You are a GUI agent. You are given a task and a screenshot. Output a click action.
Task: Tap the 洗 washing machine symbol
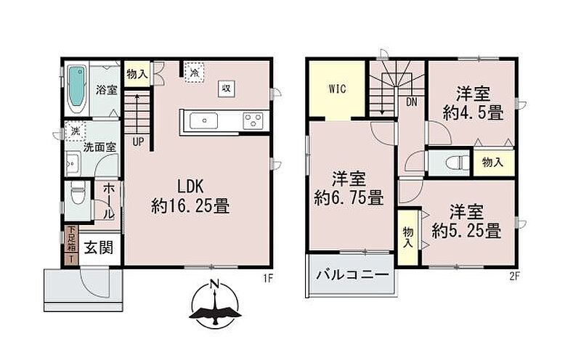click(x=76, y=131)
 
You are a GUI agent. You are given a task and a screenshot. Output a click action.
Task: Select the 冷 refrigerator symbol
click(x=194, y=73)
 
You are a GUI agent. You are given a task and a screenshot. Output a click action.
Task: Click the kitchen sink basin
click(x=203, y=121)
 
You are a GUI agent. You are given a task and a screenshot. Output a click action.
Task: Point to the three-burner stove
click(x=253, y=121)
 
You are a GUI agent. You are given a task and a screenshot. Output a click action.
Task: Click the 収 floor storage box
click(x=226, y=88)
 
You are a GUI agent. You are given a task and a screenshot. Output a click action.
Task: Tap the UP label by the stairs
click(x=138, y=142)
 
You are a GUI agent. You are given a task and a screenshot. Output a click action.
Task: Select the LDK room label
click(x=190, y=187)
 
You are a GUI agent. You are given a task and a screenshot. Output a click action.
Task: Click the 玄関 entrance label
click(x=99, y=247)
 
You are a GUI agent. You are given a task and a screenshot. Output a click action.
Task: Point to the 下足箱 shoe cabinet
click(x=71, y=239)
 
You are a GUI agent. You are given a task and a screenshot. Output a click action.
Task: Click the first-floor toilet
click(x=78, y=194)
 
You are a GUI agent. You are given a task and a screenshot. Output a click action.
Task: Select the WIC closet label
click(x=337, y=89)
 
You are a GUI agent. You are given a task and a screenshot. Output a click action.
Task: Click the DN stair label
click(x=411, y=102)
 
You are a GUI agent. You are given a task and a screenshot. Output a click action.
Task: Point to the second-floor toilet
click(x=455, y=163)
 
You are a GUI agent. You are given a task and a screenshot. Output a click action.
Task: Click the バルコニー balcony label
click(x=352, y=275)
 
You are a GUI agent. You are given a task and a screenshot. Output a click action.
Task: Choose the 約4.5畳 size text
click(x=473, y=112)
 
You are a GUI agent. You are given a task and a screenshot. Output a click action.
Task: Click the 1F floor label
click(x=268, y=278)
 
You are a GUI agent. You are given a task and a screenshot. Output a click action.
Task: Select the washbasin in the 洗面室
click(x=73, y=163)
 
